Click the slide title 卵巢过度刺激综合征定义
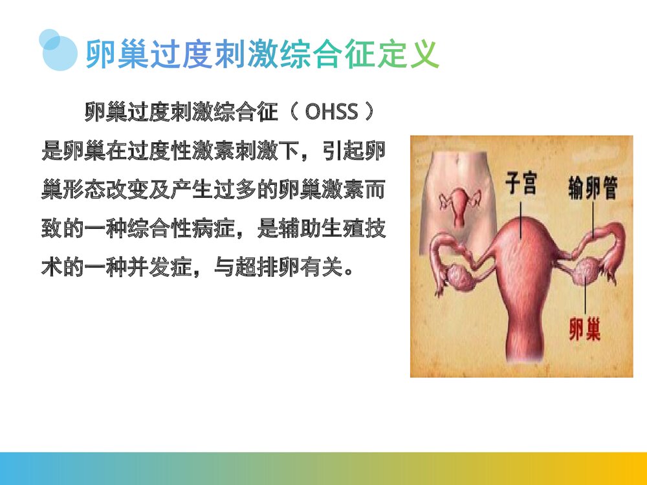(x=262, y=54)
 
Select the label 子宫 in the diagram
(x=520, y=185)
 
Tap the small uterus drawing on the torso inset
(x=459, y=205)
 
